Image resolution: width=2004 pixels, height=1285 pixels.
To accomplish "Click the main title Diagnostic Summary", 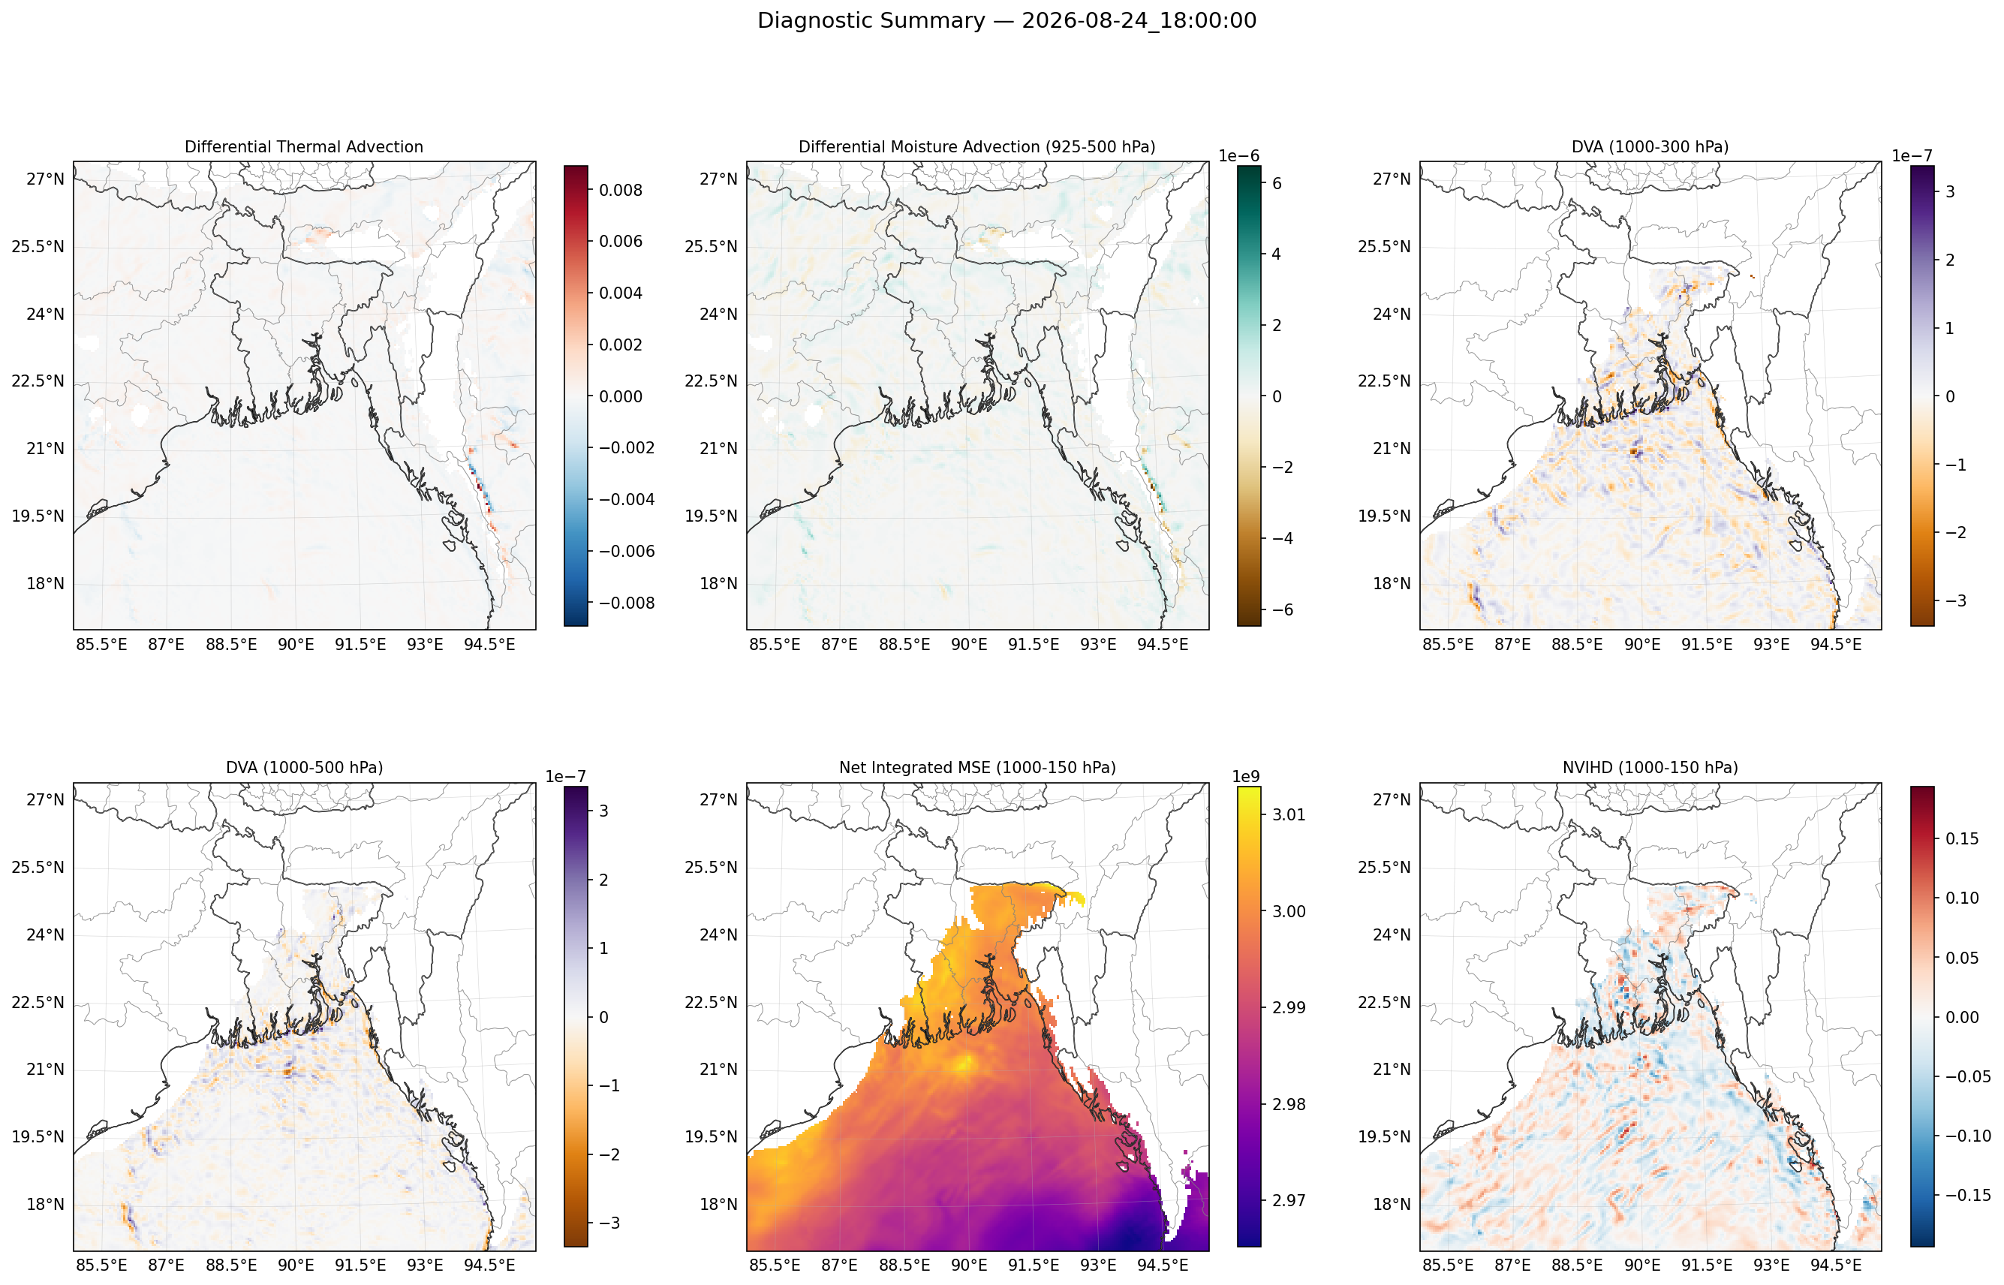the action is click(871, 21).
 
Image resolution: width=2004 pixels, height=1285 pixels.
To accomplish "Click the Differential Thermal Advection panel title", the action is click(304, 147).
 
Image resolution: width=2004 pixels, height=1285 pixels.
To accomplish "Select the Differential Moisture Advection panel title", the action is click(977, 147).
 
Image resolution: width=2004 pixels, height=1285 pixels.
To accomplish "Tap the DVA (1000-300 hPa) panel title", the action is click(1650, 147).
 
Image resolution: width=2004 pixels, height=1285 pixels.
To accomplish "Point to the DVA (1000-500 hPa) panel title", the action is click(305, 768).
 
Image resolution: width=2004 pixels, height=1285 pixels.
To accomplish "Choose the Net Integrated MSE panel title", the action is click(977, 768).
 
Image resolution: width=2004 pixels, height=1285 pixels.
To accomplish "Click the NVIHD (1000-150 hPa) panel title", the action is click(1650, 768).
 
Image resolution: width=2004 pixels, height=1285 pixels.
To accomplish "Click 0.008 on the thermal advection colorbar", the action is click(621, 190).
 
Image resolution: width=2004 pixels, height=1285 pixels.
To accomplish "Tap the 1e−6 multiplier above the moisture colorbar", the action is click(1239, 156).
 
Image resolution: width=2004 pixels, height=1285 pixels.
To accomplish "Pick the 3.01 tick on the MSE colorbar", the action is click(1289, 814).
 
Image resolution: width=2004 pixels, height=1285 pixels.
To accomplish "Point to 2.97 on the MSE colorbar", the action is click(1289, 1201).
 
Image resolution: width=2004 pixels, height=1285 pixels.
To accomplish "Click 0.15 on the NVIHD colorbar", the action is click(1962, 838).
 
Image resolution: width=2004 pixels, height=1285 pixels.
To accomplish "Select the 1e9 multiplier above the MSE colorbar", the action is click(1247, 777).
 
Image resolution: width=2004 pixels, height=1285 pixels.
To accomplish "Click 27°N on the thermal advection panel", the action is click(45, 179).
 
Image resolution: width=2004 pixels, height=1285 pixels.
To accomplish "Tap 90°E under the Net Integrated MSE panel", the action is click(969, 1265).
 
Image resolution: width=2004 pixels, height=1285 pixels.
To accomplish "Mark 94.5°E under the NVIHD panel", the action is click(1835, 1265).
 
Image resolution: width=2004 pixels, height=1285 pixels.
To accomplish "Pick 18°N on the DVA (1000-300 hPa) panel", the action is click(1392, 584).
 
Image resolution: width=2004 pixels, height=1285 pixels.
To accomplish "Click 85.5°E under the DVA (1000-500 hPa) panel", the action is click(102, 1265).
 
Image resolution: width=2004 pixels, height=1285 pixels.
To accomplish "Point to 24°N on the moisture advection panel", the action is click(718, 314).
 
